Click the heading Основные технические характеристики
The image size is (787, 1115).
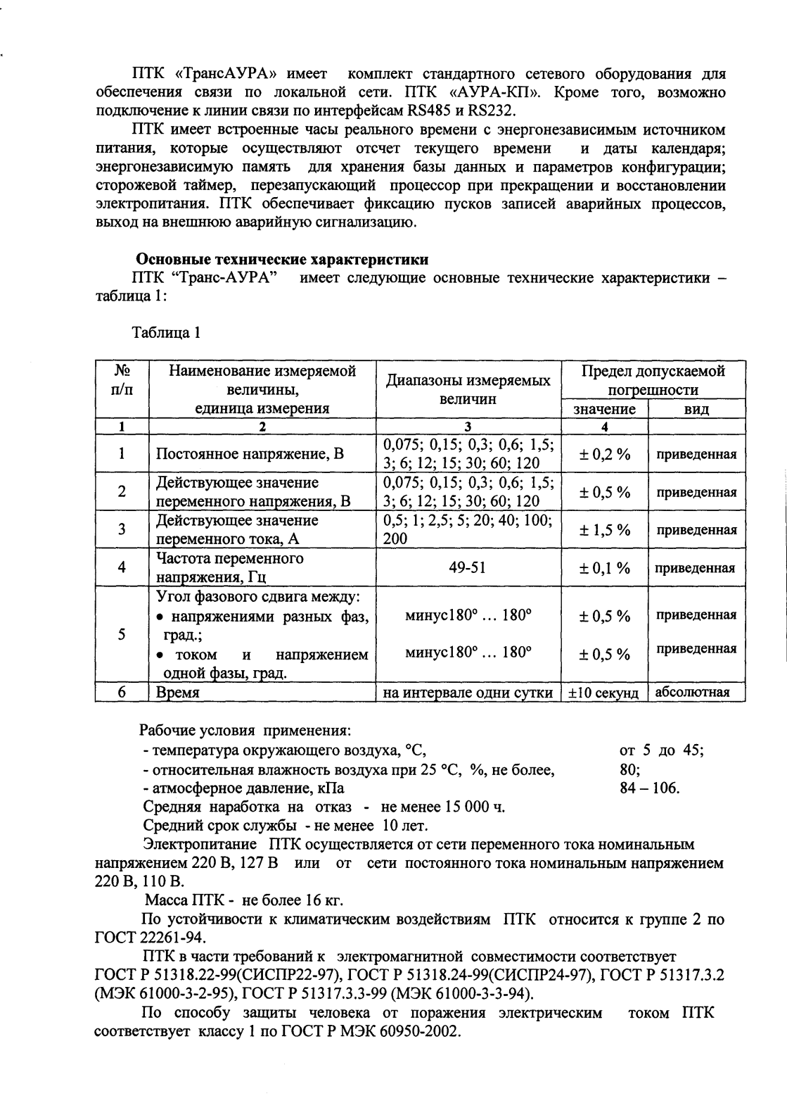(x=282, y=259)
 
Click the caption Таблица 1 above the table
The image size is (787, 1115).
(x=166, y=333)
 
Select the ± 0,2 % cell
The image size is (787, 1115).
(x=604, y=454)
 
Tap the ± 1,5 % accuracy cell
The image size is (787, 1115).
(x=604, y=530)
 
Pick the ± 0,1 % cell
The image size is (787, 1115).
(x=604, y=568)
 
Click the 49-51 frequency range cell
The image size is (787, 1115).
(x=468, y=568)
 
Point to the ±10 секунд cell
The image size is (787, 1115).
(x=603, y=693)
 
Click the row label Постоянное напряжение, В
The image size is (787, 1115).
(x=250, y=454)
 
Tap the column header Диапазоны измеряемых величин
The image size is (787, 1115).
(x=468, y=390)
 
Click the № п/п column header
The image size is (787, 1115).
(x=122, y=380)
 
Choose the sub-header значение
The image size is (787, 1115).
(x=604, y=409)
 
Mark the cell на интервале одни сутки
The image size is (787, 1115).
(x=468, y=693)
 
